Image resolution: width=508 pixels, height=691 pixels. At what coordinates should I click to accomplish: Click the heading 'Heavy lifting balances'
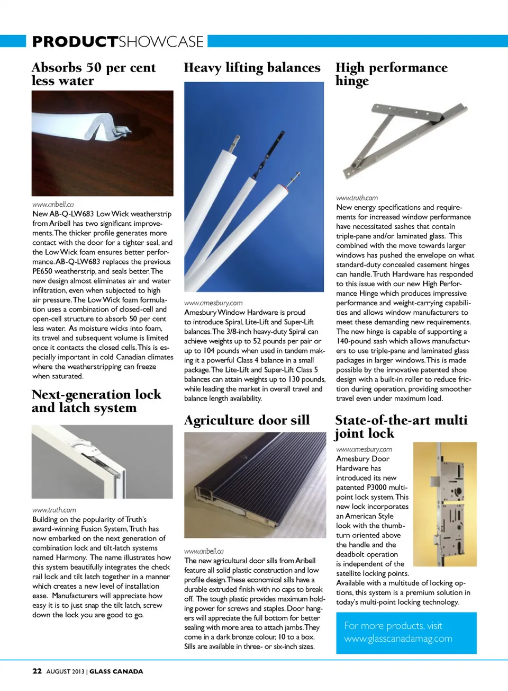pos(252,68)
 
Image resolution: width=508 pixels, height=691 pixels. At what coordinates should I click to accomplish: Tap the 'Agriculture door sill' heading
pos(247,420)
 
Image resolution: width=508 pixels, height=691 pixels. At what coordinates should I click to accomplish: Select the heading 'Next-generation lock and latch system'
pos(96,401)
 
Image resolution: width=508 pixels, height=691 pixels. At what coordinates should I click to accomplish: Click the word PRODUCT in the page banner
pos(75,41)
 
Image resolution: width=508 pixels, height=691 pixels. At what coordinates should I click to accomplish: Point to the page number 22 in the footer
pos(37,671)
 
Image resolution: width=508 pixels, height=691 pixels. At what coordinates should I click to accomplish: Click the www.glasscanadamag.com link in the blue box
pos(398,639)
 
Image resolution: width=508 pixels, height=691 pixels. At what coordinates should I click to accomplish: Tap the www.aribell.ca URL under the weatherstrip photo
pos(53,204)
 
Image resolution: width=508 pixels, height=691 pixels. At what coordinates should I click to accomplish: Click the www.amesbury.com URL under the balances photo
pos(213,303)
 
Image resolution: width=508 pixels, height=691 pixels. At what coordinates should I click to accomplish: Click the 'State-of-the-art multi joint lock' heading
pos(401,427)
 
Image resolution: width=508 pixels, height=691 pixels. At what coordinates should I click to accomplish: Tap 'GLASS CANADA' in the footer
pos(116,671)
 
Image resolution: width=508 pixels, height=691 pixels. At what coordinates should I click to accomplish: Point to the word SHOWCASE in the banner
pos(161,41)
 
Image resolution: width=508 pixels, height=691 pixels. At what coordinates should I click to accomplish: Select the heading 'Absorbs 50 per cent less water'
pos(93,74)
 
